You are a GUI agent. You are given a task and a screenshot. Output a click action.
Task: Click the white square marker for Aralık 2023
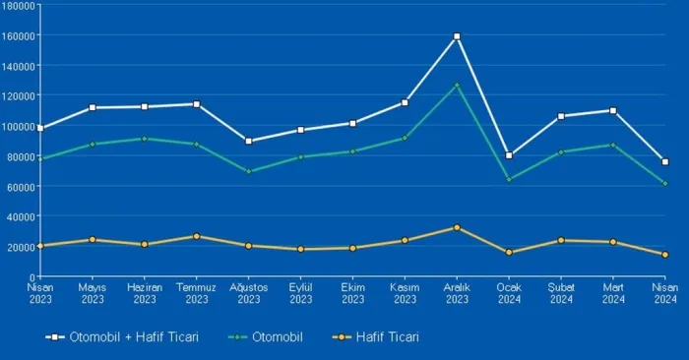pos(457,36)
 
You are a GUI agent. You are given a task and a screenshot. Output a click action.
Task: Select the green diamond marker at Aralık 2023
pos(457,86)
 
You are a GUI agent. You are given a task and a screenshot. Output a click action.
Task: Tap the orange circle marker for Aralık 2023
pos(457,227)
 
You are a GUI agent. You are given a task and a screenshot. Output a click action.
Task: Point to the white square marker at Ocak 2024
pos(509,155)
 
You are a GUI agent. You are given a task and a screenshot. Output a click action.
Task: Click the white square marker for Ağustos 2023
pos(249,141)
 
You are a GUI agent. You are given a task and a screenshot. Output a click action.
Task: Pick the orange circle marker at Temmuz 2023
pos(197,236)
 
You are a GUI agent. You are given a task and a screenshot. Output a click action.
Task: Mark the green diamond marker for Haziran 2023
pos(144,139)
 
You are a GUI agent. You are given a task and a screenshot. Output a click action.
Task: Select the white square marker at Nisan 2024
pos(665,162)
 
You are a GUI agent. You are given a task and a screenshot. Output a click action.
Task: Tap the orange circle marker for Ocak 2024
pos(509,253)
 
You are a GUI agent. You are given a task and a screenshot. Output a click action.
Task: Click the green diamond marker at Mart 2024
pos(613,145)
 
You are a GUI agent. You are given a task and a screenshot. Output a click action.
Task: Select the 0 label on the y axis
pos(32,277)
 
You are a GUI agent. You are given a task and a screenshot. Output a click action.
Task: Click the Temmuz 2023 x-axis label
pos(197,293)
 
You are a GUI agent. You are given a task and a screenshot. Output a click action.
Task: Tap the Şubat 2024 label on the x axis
pos(561,293)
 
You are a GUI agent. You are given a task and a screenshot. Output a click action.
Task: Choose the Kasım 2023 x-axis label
pos(405,293)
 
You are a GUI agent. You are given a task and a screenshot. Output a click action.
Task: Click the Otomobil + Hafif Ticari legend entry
pos(122,337)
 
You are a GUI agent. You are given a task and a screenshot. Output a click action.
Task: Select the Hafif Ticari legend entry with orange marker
pos(376,337)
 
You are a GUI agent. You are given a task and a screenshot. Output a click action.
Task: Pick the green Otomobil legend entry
pos(266,337)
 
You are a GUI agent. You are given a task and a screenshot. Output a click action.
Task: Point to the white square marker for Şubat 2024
pos(561,116)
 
